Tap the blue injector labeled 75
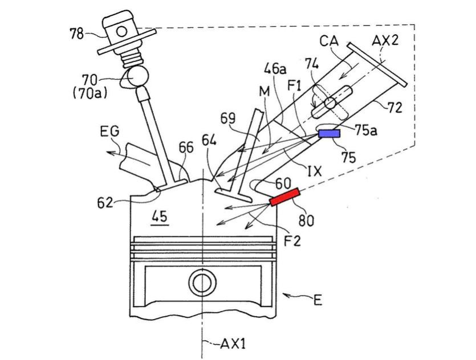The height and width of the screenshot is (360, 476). coord(329,133)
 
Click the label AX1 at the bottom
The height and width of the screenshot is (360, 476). coord(234,344)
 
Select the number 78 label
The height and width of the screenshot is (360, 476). coord(76,34)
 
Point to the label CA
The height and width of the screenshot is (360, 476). coord(329,41)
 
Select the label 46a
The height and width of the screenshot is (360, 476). coord(275,70)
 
